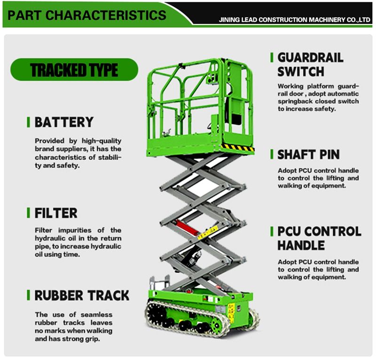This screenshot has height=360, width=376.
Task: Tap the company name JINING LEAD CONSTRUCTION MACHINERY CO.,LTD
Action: point(295,21)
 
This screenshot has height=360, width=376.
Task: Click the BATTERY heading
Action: point(64,123)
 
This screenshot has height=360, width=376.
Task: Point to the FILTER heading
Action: point(56,213)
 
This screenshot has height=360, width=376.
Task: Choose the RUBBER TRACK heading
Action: point(81,296)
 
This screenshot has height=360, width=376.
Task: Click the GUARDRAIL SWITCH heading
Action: point(310,64)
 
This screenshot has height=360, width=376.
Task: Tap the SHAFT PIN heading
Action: point(308,155)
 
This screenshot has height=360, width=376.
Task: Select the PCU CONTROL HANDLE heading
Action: point(319,238)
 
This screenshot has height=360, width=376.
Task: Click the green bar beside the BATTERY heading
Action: point(28,123)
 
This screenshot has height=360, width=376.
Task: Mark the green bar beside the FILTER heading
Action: point(28,213)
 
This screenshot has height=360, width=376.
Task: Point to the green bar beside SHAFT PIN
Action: point(271,155)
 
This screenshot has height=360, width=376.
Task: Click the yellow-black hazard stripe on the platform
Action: point(237,147)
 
